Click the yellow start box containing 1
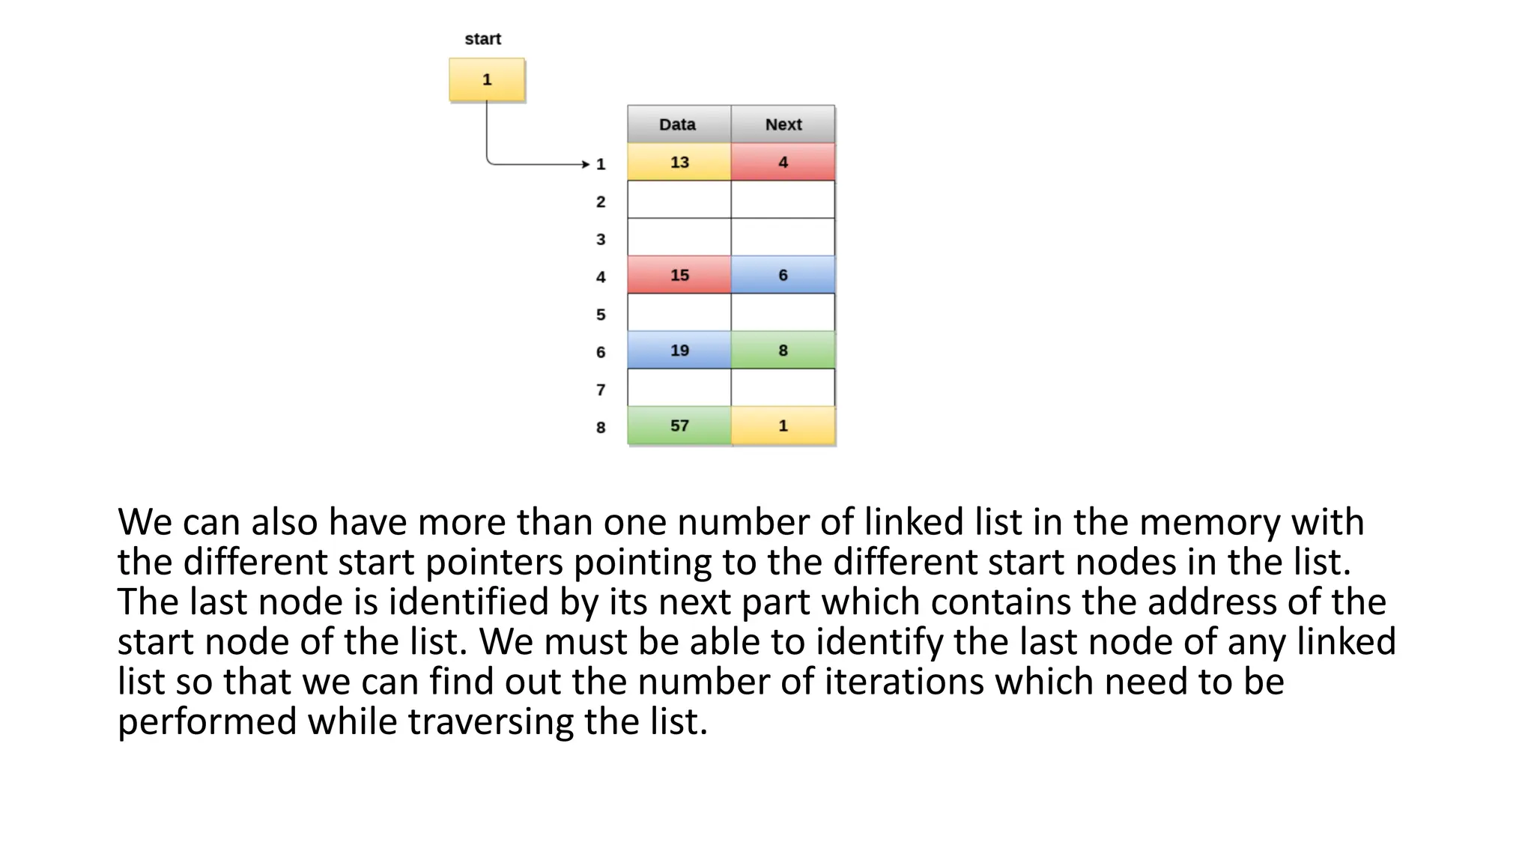coord(487,79)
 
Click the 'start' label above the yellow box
coord(482,39)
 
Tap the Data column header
coord(678,124)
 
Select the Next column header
coord(783,124)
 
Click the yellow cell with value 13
coord(679,162)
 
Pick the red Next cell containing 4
coord(783,162)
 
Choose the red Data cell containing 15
coord(679,275)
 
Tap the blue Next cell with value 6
coord(783,275)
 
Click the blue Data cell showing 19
coord(679,350)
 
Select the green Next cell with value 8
coord(783,350)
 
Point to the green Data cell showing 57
coord(679,426)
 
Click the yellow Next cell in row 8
coord(783,426)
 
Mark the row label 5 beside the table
coord(601,315)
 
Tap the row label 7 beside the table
coord(601,390)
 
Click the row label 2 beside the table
coord(601,202)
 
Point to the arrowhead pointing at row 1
coord(586,164)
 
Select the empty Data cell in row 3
coord(679,237)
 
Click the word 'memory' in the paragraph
coord(1210,523)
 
